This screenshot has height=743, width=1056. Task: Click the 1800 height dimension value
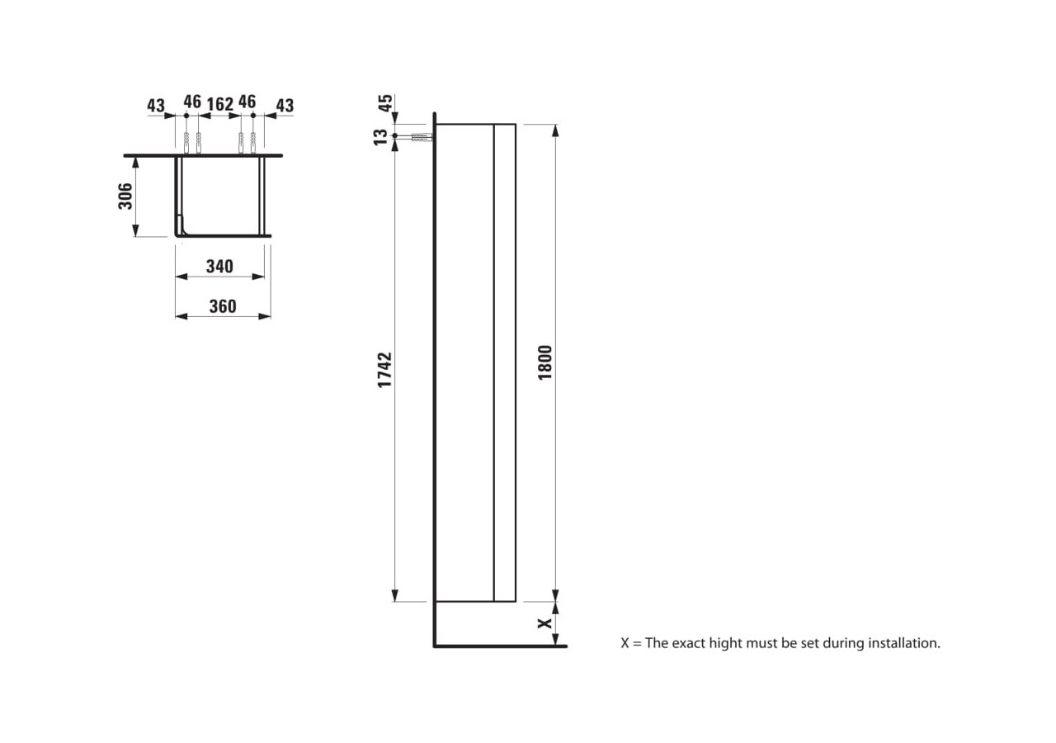pyautogui.click(x=544, y=362)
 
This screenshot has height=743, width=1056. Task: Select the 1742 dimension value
pyautogui.click(x=385, y=370)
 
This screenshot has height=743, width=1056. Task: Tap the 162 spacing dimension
pyautogui.click(x=219, y=104)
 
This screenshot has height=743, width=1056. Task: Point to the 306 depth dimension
pyautogui.click(x=125, y=196)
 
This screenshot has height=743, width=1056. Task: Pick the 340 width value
pyautogui.click(x=219, y=266)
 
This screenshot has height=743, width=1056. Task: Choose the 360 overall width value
pyautogui.click(x=222, y=306)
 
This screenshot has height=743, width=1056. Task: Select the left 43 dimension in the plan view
pyautogui.click(x=156, y=106)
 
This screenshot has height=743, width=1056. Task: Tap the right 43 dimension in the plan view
pyautogui.click(x=284, y=106)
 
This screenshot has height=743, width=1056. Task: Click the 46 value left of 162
pyautogui.click(x=191, y=102)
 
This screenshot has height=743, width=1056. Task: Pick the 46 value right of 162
pyautogui.click(x=247, y=102)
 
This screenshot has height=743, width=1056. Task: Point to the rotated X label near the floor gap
pyautogui.click(x=544, y=623)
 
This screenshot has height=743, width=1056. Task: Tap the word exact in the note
pyautogui.click(x=688, y=642)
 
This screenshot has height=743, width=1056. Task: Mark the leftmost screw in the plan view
pyautogui.click(x=187, y=142)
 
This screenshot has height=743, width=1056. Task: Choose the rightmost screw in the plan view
pyautogui.click(x=252, y=142)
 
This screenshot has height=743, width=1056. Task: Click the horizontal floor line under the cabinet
pyautogui.click(x=500, y=646)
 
